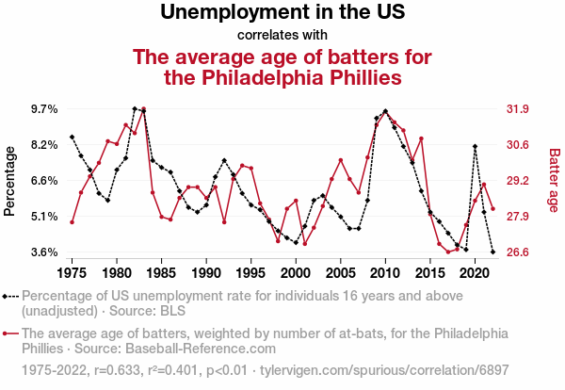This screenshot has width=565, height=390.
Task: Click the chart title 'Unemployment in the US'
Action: pyautogui.click(x=282, y=13)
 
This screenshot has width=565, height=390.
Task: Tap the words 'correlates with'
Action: pyautogui.click(x=282, y=36)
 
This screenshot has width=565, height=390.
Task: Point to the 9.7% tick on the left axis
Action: pyautogui.click(x=44, y=109)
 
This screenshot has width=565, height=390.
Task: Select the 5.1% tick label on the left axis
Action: pyautogui.click(x=44, y=217)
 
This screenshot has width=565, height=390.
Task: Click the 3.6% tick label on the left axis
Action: pyautogui.click(x=44, y=252)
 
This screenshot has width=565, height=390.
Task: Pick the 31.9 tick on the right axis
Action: pyautogui.click(x=519, y=109)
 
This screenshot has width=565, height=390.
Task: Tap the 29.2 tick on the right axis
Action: pyautogui.click(x=519, y=181)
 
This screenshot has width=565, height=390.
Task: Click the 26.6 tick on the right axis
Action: pyautogui.click(x=519, y=252)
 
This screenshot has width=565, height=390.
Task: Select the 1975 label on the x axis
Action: pyautogui.click(x=73, y=272)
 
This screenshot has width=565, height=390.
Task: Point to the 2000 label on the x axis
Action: pyautogui.click(x=296, y=272)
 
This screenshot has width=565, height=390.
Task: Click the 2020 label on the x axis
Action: pyautogui.click(x=475, y=272)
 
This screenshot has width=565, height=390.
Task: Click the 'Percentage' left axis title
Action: pyautogui.click(x=10, y=180)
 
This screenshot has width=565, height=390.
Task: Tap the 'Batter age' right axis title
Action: pyautogui.click(x=554, y=180)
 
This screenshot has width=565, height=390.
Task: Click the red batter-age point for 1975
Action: pyautogui.click(x=73, y=222)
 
